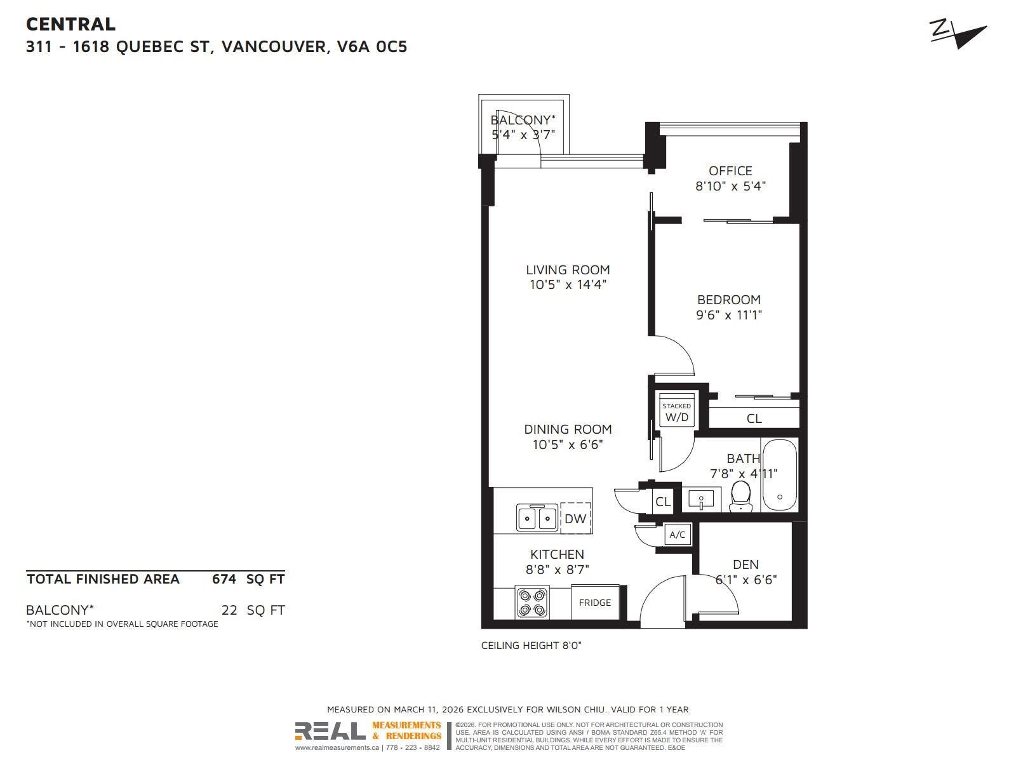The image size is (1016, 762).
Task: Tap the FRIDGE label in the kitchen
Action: coord(594,603)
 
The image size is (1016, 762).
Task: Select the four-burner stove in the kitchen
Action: coord(532,602)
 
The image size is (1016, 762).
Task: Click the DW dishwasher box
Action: coord(575,518)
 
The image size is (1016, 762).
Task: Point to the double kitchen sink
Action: coord(537,518)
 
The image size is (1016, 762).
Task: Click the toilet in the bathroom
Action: coord(740,495)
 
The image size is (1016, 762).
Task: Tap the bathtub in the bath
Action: coord(780,475)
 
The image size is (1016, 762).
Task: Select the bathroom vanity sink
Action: coord(701,499)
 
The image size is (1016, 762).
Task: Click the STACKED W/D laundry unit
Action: coord(677,410)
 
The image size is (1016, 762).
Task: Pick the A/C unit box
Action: coord(677,535)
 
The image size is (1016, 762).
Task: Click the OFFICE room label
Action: coord(730,171)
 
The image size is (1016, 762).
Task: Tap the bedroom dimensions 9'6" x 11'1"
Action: coord(729,315)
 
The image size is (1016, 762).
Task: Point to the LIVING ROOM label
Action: coord(568,270)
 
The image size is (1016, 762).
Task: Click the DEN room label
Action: coord(745,565)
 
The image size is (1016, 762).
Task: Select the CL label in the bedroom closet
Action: coord(754,418)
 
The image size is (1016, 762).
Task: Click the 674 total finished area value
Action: coord(224,578)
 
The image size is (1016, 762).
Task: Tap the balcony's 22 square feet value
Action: coord(229,610)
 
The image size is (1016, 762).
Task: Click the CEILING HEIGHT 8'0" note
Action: coord(531,645)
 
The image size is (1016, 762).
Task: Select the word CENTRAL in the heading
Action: coord(71,24)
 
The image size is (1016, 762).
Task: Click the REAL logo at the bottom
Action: coord(330,731)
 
